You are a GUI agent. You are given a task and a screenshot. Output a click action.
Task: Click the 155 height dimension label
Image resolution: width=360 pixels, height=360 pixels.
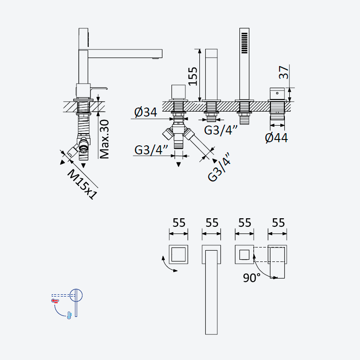[x=193, y=76]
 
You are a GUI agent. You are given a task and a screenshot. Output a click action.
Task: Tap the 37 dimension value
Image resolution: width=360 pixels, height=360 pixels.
[x=283, y=72]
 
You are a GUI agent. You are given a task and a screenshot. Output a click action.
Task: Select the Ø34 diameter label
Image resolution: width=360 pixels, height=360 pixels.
[x=146, y=112]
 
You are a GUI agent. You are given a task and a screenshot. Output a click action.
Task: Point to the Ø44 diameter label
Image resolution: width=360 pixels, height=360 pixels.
[x=276, y=138]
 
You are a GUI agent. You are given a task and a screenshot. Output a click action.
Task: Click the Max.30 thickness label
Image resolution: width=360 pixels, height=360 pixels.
[x=104, y=139]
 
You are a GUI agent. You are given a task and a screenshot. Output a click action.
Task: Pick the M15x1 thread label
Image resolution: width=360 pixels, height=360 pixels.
[x=82, y=184]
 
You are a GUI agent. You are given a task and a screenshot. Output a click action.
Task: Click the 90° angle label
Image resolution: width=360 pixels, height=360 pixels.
[x=252, y=278]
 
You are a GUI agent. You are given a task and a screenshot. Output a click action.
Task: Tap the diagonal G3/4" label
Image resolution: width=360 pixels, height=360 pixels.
[x=219, y=167]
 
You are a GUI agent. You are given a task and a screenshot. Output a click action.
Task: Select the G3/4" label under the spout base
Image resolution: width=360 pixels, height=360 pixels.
[x=220, y=130]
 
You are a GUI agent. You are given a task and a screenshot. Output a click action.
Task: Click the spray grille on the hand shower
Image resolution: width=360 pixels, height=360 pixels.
[x=244, y=43]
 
